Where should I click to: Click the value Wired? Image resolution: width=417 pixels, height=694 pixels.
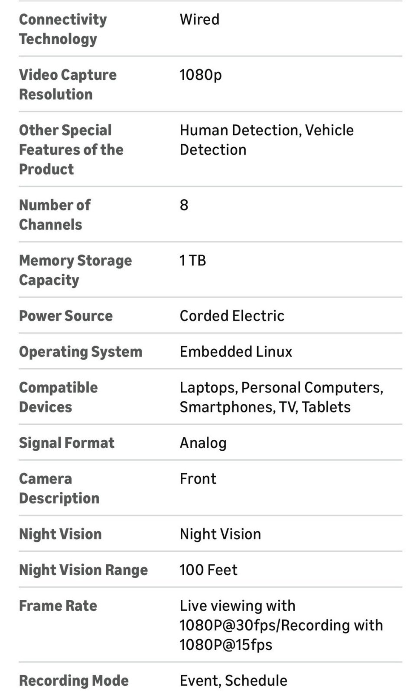(199, 19)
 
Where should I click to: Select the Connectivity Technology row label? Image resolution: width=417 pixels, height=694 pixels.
(63, 29)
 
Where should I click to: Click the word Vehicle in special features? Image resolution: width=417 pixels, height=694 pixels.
(329, 130)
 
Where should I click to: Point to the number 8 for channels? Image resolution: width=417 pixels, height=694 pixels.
(184, 205)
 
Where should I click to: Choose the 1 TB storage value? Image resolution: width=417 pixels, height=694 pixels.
(192, 261)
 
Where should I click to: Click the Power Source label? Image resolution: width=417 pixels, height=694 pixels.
(66, 316)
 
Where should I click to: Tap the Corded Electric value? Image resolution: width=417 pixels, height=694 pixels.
(232, 316)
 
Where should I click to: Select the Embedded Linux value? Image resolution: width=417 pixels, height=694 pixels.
(236, 352)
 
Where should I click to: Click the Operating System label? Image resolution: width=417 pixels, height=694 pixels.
(81, 352)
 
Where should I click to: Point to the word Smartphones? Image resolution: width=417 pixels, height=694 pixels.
(228, 407)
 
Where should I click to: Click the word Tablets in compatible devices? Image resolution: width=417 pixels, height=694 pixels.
(326, 407)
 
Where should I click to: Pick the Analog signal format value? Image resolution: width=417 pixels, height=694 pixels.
(203, 443)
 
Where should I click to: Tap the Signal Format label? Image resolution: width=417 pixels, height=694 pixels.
(67, 443)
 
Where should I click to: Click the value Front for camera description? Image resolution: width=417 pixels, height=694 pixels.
(198, 479)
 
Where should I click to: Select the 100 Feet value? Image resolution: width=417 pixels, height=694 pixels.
(208, 570)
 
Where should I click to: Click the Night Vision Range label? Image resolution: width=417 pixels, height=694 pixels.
(84, 570)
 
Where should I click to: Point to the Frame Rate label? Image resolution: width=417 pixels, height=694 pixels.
(58, 606)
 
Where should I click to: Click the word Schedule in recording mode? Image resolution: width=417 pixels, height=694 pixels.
(256, 681)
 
